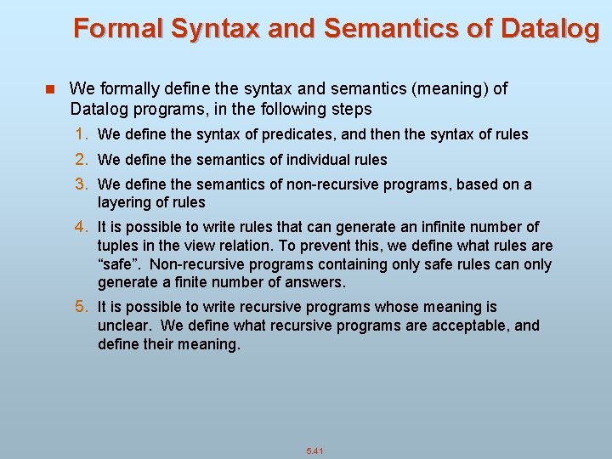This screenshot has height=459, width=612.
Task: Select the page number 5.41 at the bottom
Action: tap(316, 450)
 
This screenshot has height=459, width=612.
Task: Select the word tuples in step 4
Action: tap(118, 246)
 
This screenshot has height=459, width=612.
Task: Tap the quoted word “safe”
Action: tap(118, 264)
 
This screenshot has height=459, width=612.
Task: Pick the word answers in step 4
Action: tap(317, 282)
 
